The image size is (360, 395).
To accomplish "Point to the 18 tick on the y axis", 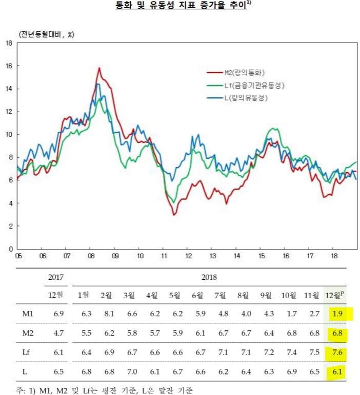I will pos(9,43).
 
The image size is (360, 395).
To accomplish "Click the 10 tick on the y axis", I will pos(9,135).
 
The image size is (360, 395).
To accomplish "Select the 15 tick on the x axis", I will pos(262,256).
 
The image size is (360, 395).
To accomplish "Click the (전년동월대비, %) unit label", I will pos(47,35).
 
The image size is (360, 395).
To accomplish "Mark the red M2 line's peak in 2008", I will pos(99,68).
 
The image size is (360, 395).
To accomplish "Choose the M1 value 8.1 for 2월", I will pos(106,314).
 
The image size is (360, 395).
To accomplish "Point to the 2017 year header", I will pos(56,277).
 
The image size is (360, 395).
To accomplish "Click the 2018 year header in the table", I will pos(209,277).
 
